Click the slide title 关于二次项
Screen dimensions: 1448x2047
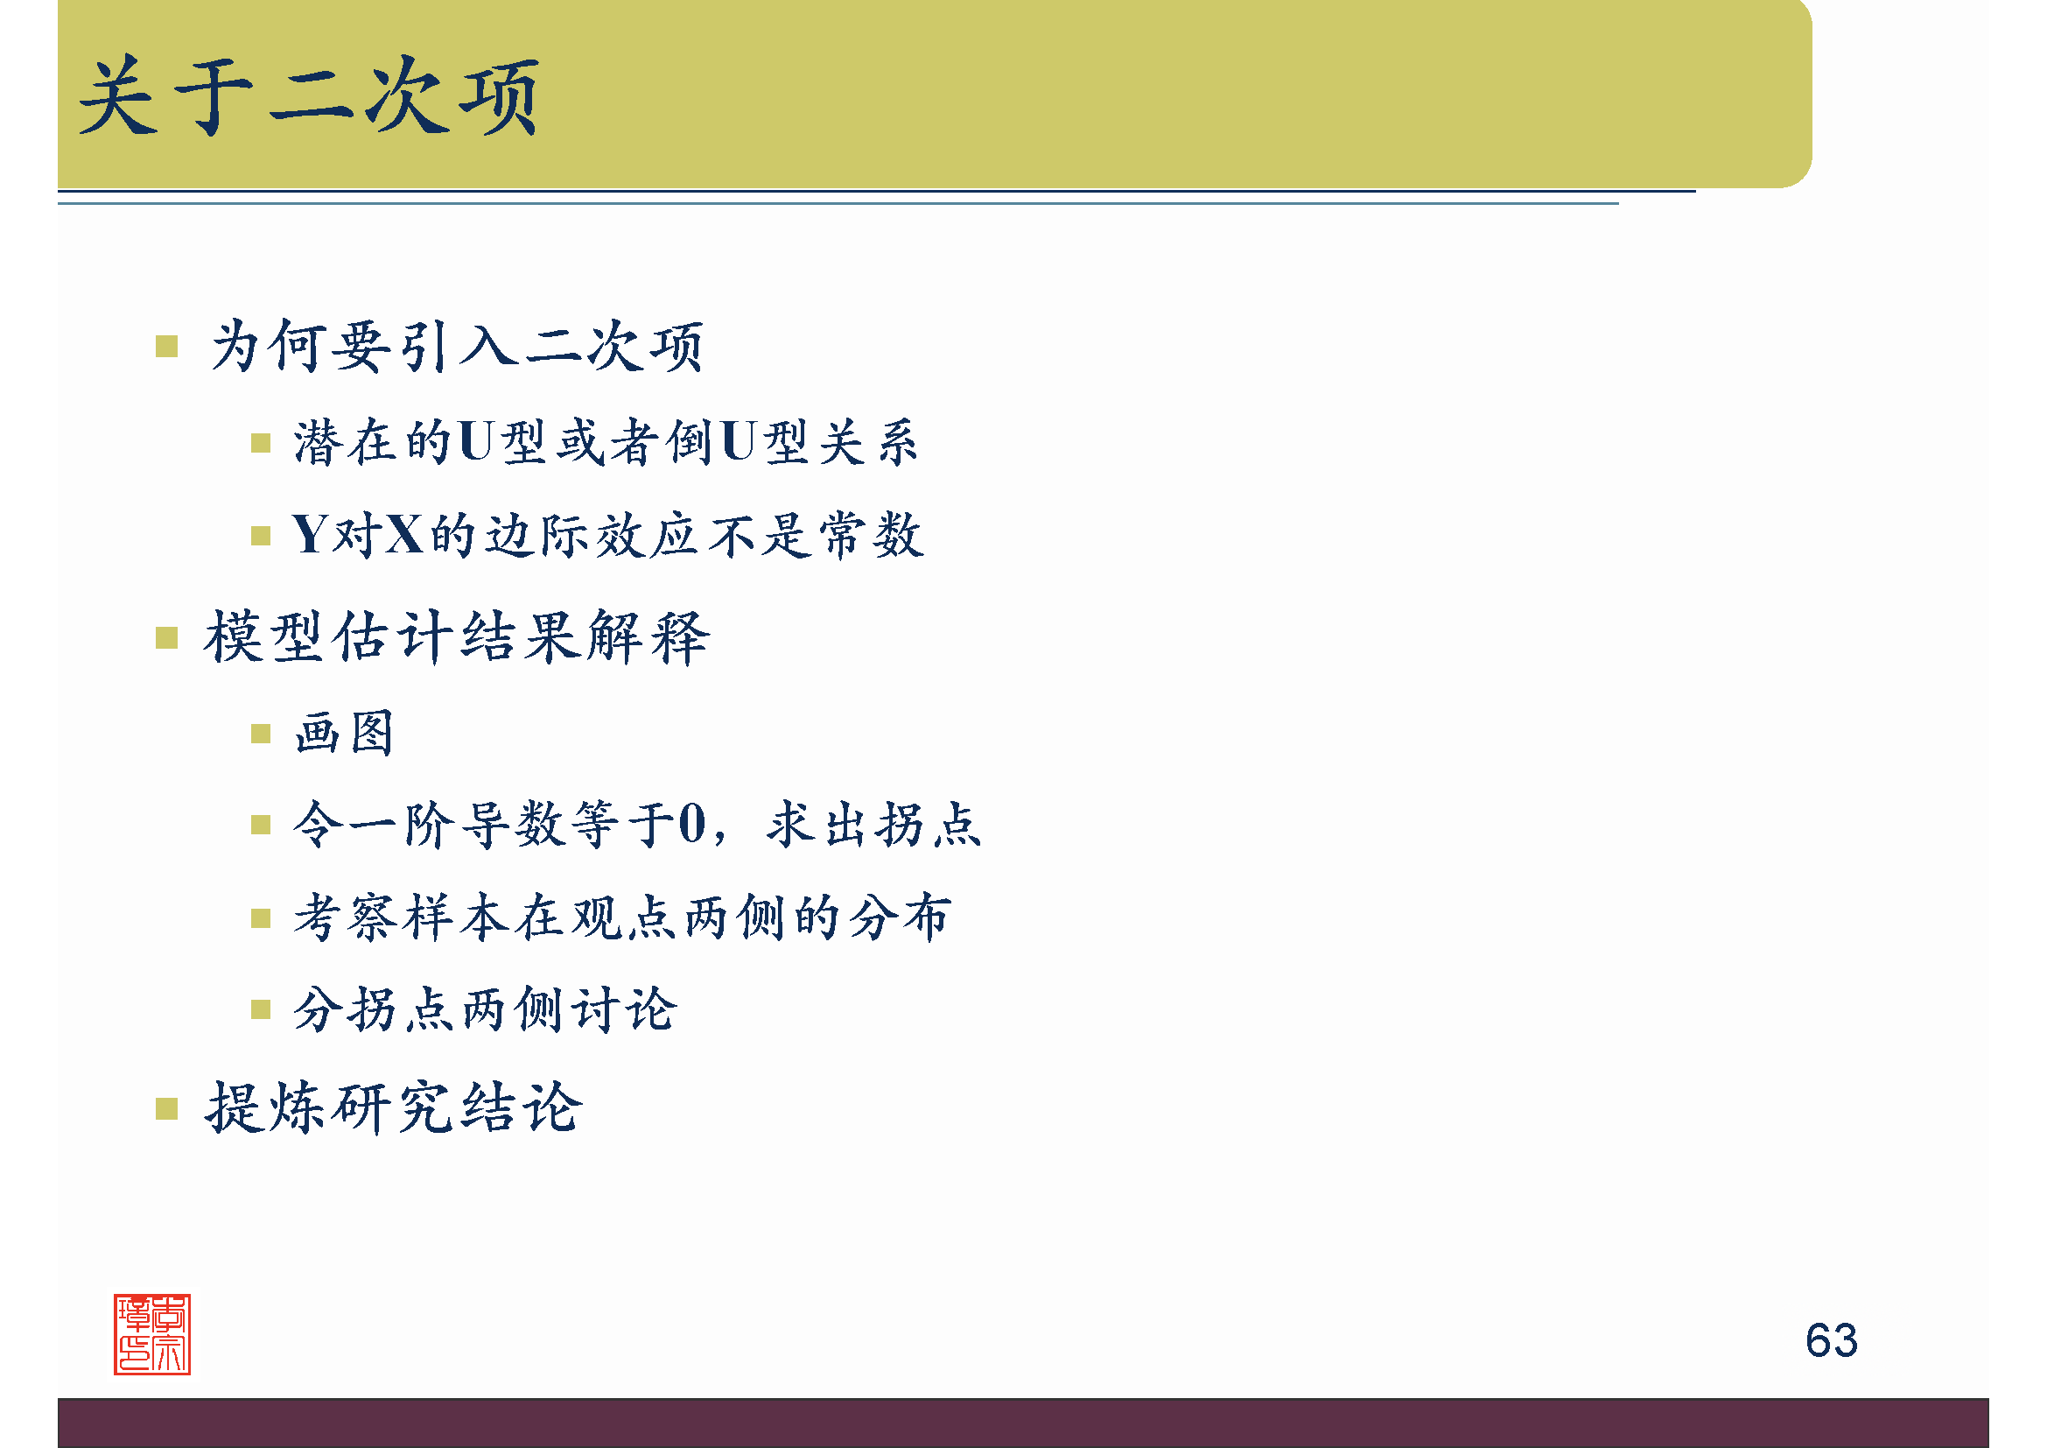[x=308, y=96]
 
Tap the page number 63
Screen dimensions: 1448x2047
[x=1830, y=1340]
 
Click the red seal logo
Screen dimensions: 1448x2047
[x=152, y=1334]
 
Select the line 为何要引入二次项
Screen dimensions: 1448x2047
[x=458, y=346]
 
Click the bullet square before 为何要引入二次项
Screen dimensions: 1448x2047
[x=167, y=346]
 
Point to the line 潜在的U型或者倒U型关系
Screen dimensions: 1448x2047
[x=606, y=441]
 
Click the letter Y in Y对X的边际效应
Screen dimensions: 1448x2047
[x=311, y=535]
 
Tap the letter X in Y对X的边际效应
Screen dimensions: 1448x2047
[x=405, y=535]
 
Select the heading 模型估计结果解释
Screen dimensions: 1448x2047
[x=457, y=637]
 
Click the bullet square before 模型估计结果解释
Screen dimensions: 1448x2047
[x=167, y=637]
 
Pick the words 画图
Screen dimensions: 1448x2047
[x=344, y=733]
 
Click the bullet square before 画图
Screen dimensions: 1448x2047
[x=260, y=734]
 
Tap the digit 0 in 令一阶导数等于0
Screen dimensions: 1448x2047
[x=692, y=824]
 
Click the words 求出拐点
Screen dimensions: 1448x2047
[x=873, y=824]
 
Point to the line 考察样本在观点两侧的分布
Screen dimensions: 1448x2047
[x=622, y=917]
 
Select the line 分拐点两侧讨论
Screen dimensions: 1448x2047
[x=485, y=1009]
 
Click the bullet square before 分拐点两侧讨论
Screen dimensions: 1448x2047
[x=260, y=1009]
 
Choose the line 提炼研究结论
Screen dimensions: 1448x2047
[x=394, y=1108]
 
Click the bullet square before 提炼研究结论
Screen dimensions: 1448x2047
[x=167, y=1108]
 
